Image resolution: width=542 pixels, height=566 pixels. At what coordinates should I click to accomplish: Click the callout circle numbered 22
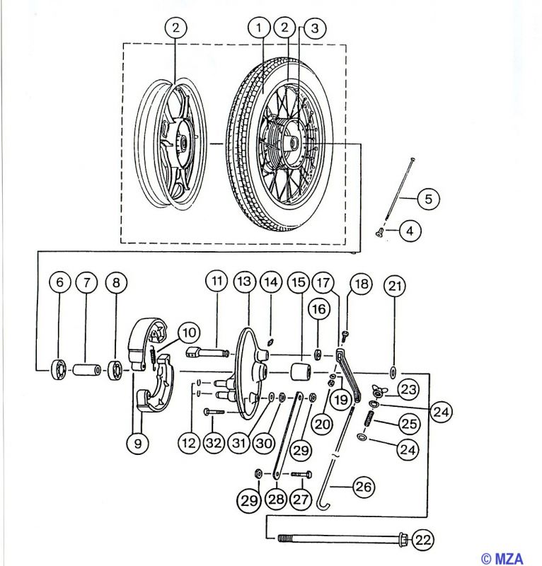pos(423,540)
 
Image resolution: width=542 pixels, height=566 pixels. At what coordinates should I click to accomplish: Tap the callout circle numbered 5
pos(428,199)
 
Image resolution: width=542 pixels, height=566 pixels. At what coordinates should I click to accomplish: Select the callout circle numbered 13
pos(244,282)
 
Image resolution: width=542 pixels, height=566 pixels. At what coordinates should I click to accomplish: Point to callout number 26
pos(364,487)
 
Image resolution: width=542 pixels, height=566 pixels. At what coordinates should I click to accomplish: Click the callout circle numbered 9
pos(138,443)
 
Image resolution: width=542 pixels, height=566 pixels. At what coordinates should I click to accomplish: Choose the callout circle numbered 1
pos(259,28)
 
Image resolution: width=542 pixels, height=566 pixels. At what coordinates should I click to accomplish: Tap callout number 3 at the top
pos(314,28)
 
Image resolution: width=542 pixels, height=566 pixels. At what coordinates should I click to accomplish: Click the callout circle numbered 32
pos(214,443)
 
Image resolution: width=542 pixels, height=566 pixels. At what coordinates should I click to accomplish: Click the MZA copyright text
pos(502,558)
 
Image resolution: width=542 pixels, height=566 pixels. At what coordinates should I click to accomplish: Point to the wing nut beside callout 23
pos(378,391)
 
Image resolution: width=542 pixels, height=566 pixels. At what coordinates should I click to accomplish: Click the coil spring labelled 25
pos(371,420)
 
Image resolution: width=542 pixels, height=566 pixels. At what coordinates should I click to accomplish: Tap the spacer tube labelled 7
pos(86,370)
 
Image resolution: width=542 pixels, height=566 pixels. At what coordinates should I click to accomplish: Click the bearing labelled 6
pos(59,370)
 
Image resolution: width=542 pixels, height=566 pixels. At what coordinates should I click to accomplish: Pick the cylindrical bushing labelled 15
pos(301,372)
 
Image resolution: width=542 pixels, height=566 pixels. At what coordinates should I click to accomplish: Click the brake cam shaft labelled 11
pos(207,351)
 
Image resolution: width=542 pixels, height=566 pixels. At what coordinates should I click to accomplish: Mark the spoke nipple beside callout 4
pos(379,233)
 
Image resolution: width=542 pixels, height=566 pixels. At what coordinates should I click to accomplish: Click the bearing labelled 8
pos(116,370)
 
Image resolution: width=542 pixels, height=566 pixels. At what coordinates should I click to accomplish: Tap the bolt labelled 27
pos(301,474)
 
